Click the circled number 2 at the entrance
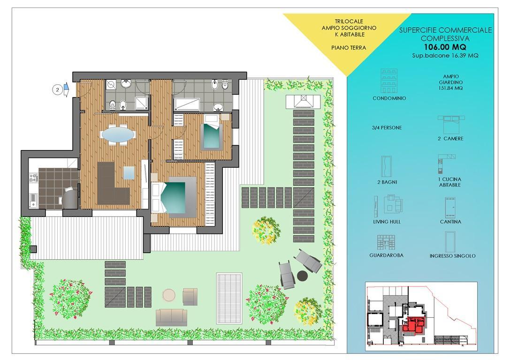point(58,90)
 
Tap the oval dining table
point(117,134)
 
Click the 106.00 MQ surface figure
point(445,47)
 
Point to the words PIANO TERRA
point(349,48)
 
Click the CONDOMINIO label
point(389,98)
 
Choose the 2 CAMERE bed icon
point(451,124)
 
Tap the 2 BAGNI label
point(387,182)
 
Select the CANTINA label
point(450,222)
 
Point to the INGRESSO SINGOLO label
point(452,256)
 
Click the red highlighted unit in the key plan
point(413,324)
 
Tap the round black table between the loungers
point(303,276)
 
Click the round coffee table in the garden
point(169,295)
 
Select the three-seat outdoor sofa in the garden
point(171,317)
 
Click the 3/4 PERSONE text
point(387,127)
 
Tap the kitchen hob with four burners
point(33,178)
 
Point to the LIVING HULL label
point(387,222)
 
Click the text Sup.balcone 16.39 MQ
point(445,56)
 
